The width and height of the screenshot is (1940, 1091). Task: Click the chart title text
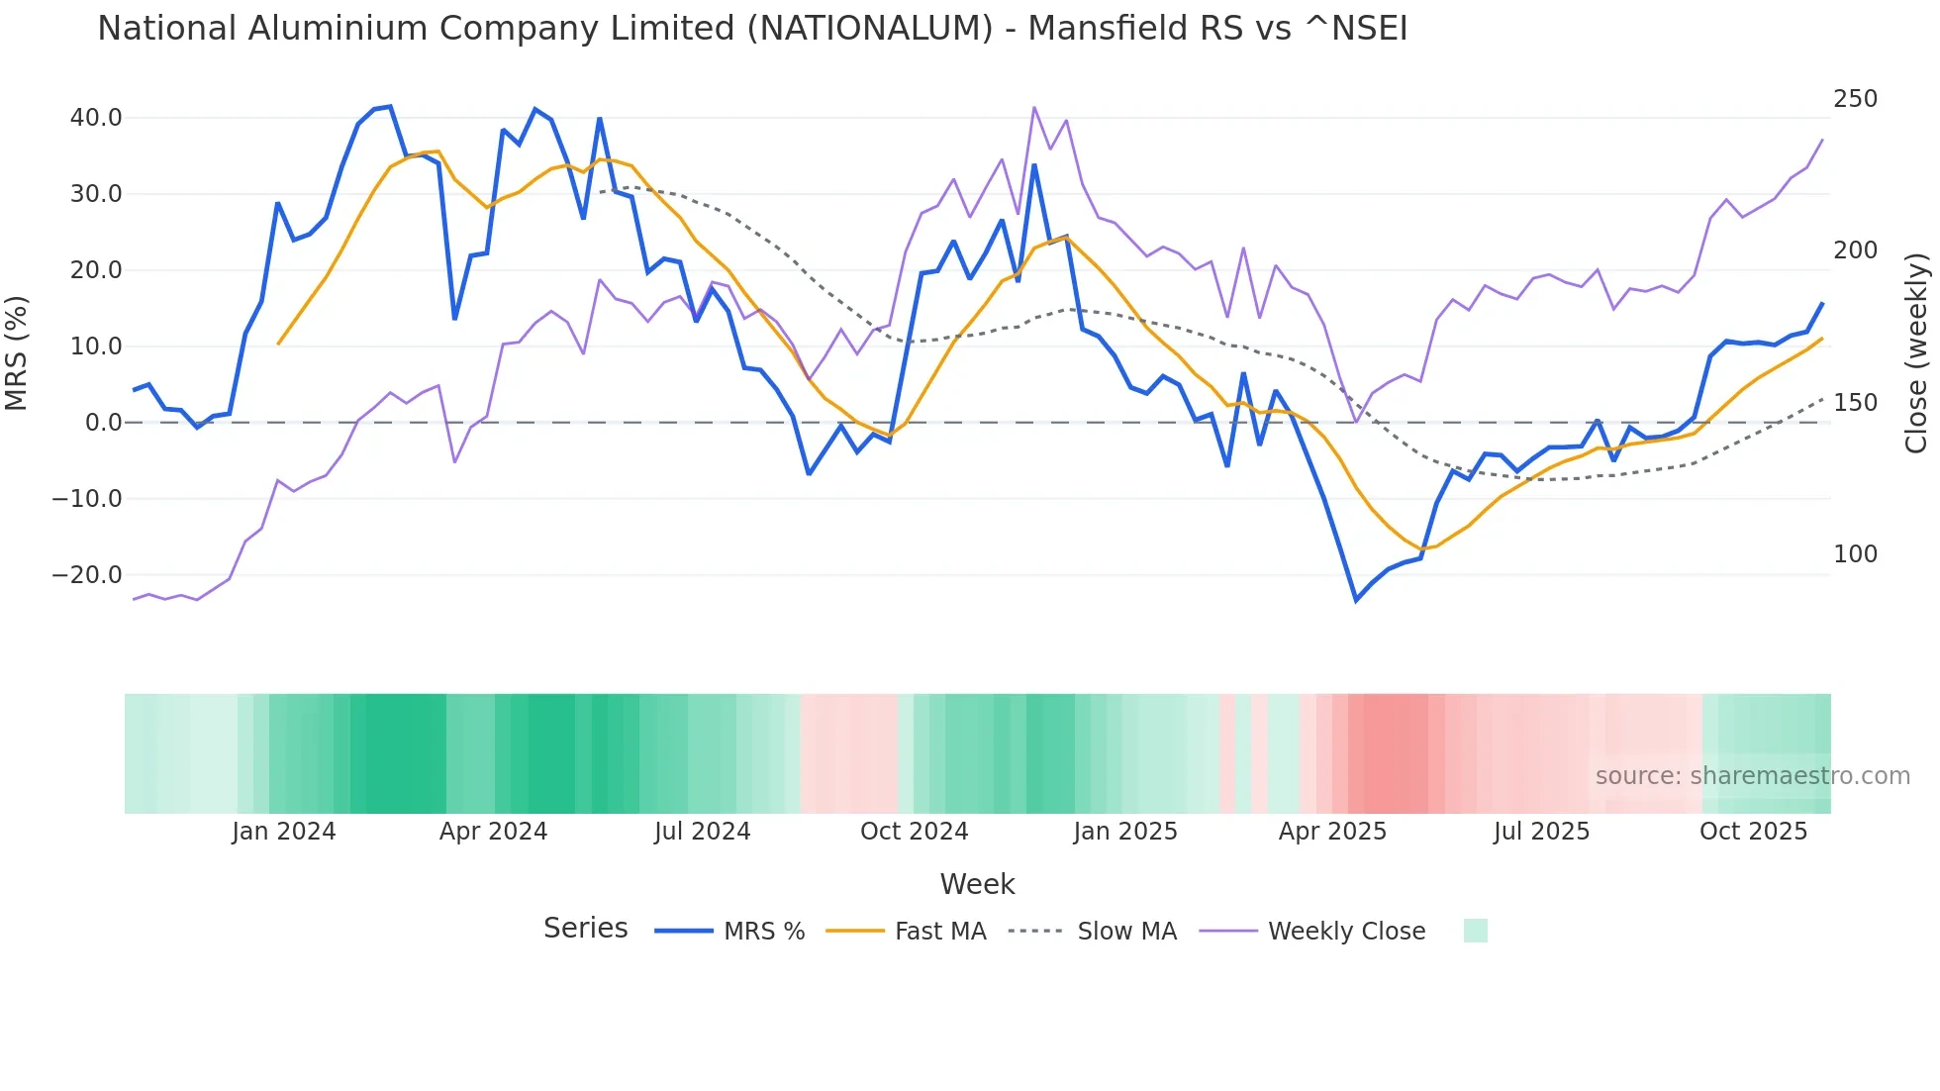(752, 29)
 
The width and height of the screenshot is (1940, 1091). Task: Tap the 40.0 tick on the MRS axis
(96, 118)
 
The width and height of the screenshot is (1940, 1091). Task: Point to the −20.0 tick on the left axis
(87, 575)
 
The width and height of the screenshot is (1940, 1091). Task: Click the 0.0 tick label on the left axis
(103, 423)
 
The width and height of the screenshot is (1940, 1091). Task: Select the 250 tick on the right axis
(1855, 99)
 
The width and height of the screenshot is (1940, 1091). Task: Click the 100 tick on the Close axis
(1855, 554)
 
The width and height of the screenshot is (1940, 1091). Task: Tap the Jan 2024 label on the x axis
(284, 832)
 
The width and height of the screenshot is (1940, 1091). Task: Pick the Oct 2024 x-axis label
(914, 832)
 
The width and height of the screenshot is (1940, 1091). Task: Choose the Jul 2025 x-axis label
(1541, 832)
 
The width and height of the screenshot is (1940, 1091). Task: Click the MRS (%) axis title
(17, 352)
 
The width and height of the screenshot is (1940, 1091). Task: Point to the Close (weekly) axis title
(1916, 352)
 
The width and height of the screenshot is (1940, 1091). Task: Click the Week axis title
(977, 884)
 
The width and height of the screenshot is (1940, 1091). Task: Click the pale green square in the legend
(1475, 931)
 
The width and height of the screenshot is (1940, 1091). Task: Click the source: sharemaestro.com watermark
(1752, 776)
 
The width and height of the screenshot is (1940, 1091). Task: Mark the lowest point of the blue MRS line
(1356, 600)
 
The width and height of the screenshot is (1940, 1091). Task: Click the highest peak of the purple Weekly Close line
(1034, 108)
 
